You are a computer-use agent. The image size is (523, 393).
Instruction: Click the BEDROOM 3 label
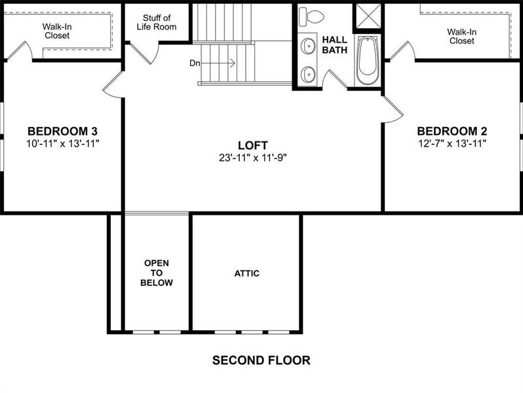[63, 130]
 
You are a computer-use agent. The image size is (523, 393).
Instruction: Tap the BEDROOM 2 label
[452, 130]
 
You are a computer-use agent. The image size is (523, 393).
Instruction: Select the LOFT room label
[253, 145]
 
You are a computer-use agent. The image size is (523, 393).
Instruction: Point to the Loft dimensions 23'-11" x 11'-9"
[253, 158]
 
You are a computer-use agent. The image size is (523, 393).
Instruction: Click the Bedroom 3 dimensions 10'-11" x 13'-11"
[63, 143]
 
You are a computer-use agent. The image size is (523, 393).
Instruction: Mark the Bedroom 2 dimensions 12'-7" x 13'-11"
[452, 143]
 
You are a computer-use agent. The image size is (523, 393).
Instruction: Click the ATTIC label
[246, 273]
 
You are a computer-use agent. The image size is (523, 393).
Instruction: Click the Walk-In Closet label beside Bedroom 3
[57, 31]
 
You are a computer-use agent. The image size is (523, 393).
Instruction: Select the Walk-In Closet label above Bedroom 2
[461, 36]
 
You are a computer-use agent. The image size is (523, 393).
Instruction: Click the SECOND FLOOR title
[261, 360]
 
